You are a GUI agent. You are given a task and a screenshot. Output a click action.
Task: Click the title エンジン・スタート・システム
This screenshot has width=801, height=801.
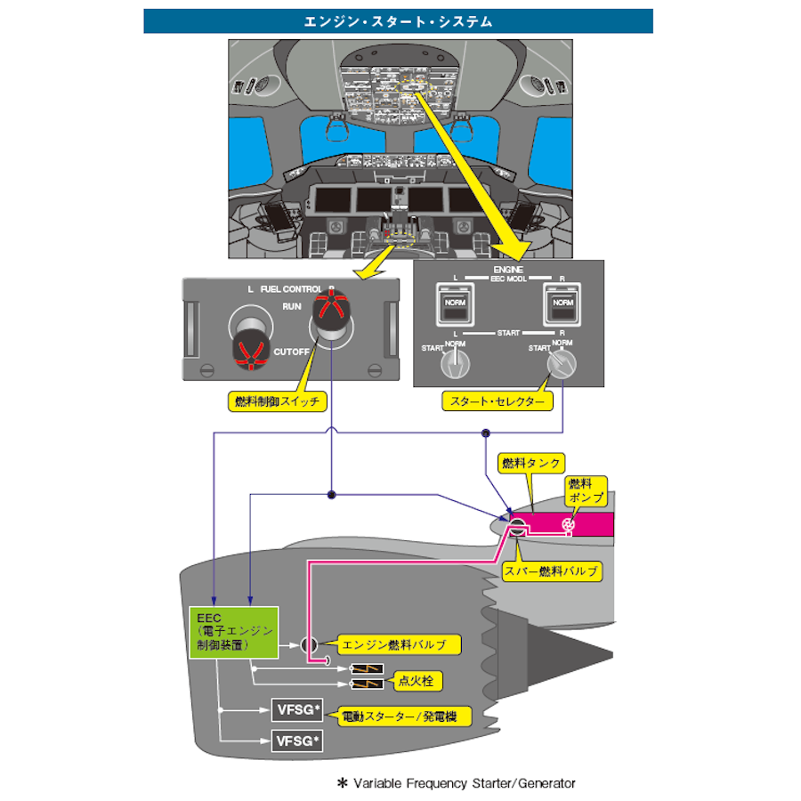click(x=398, y=21)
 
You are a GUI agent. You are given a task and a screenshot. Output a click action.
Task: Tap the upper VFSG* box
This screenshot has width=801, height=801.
click(x=296, y=710)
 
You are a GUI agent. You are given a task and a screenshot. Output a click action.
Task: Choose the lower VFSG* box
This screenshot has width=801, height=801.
click(x=296, y=740)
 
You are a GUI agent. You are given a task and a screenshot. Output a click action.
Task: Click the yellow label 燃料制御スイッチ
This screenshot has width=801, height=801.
click(x=276, y=401)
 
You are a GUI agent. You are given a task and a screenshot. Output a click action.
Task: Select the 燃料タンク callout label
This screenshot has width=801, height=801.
click(x=531, y=463)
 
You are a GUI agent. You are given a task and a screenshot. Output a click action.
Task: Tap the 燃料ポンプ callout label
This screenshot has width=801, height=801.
click(x=587, y=488)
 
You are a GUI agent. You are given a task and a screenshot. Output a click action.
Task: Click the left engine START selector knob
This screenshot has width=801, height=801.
click(x=456, y=360)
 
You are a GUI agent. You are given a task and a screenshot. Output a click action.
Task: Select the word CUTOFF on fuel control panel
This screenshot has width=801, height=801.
click(x=292, y=352)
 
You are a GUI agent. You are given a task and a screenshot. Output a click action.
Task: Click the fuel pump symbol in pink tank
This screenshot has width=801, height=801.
click(x=567, y=524)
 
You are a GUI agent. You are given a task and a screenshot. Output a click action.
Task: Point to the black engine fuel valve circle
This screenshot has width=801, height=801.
click(x=310, y=644)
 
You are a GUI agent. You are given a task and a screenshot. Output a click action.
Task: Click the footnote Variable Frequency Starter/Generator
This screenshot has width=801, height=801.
click(x=456, y=783)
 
